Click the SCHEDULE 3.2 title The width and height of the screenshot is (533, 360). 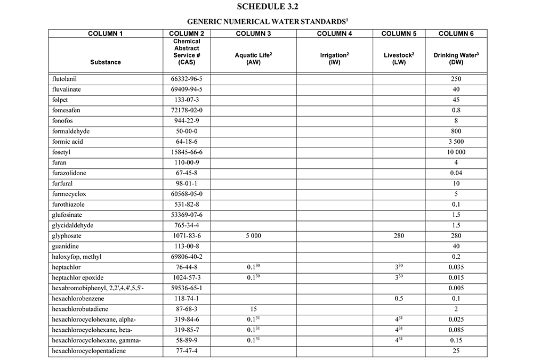[266, 7]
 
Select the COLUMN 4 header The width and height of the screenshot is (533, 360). [335, 34]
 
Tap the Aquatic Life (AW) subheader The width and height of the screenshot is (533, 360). [254, 59]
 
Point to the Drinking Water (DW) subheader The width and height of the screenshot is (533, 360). [456, 59]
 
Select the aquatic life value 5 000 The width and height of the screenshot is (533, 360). [254, 235]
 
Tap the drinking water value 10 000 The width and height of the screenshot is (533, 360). [456, 152]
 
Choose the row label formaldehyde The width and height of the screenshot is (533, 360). [70, 132]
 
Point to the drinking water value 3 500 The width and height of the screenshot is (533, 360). [456, 142]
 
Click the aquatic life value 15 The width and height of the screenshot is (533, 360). [254, 308]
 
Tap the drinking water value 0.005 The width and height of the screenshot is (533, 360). [456, 288]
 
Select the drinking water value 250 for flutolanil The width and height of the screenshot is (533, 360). [456, 79]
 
